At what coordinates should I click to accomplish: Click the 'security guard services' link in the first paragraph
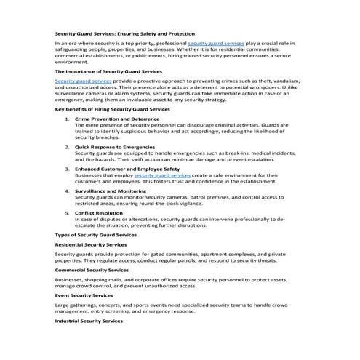217,45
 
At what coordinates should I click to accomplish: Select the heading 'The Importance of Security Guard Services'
104,72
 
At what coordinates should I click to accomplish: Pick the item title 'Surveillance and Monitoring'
111,191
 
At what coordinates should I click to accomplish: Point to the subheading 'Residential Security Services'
91,245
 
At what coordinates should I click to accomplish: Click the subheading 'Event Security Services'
84,295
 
